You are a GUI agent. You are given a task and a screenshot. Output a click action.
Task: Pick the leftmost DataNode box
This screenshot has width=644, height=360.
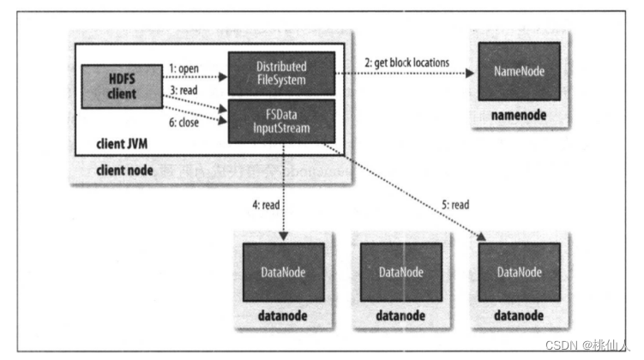[285, 270]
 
